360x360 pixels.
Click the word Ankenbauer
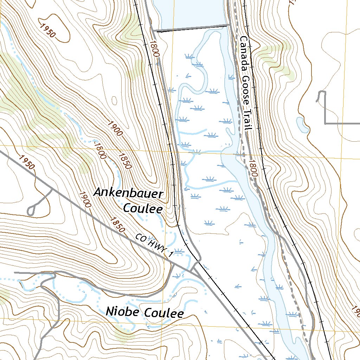tap(129, 194)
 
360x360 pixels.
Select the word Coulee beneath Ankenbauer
tap(143, 208)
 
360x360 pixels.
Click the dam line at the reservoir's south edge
tap(192, 28)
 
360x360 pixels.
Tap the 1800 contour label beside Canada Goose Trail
tap(253, 168)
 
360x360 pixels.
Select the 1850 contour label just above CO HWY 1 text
tap(117, 225)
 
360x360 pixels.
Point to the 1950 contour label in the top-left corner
tap(48, 31)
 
